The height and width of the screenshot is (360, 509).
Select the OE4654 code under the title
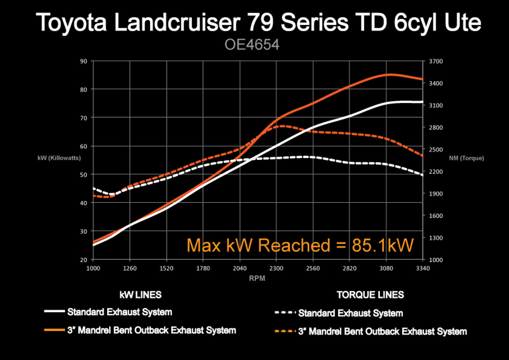(x=252, y=45)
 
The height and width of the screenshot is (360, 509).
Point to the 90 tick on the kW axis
(x=84, y=61)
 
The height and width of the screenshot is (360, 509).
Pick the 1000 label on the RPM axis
(x=93, y=268)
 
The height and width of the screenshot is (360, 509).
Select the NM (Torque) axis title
(x=466, y=158)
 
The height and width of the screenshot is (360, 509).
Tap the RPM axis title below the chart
(x=257, y=278)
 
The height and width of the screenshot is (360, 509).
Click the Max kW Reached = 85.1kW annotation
(x=300, y=245)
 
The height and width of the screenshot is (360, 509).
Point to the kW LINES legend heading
(x=141, y=295)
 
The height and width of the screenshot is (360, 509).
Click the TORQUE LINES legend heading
(x=370, y=295)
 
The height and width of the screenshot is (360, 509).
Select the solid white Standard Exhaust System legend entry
(x=119, y=312)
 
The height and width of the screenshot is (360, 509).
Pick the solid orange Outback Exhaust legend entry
(x=152, y=330)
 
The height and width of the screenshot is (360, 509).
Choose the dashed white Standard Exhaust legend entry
(x=350, y=313)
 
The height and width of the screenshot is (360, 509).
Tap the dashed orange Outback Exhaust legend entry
(x=382, y=331)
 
